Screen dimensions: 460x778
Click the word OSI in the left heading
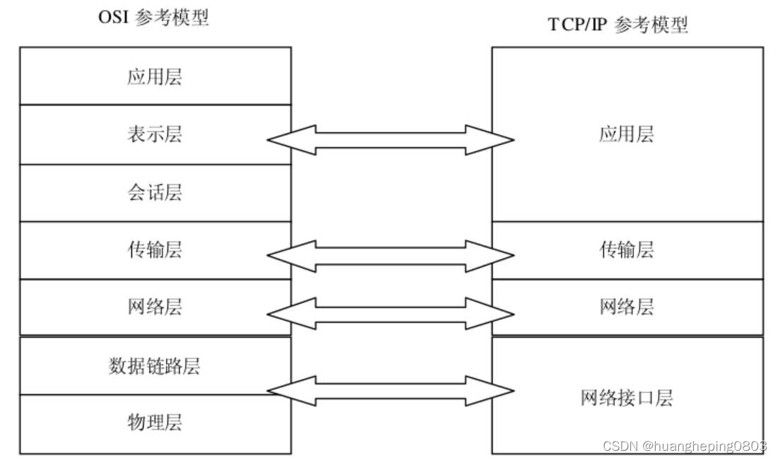113,18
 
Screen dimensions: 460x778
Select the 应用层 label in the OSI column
155,76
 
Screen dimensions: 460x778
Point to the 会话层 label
155,192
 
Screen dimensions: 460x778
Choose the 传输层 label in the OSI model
155,249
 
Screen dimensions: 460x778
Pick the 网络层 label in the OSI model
155,307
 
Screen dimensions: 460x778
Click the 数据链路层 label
155,365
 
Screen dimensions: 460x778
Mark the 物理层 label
155,423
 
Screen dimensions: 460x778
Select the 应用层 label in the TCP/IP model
627,134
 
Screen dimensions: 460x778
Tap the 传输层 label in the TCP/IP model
627,249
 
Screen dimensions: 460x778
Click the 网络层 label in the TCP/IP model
627,307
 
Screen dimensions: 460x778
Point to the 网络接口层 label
627,398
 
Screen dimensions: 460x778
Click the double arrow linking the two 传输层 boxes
391,256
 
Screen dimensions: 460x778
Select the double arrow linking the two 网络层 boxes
391,313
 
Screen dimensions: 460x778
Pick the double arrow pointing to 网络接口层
391,390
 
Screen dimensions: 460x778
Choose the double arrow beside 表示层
391,140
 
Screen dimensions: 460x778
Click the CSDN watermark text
620,447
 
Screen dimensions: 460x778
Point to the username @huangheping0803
704,447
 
